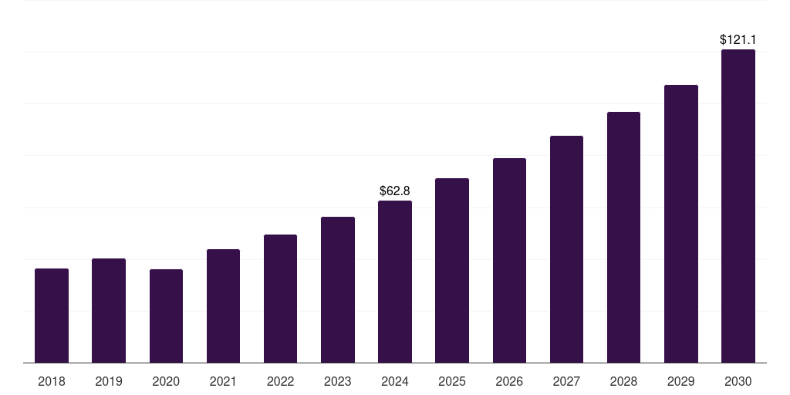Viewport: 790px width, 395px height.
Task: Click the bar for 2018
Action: click(x=52, y=316)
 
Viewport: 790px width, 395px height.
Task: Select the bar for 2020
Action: click(x=166, y=316)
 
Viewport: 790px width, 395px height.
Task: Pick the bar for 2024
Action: click(x=395, y=282)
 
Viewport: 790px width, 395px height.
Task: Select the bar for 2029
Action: click(x=680, y=224)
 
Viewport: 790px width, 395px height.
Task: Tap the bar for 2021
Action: click(x=223, y=306)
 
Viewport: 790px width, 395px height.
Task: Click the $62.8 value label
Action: click(x=395, y=191)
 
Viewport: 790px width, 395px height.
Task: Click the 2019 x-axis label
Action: click(x=109, y=381)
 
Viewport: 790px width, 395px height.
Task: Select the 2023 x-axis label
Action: click(x=337, y=381)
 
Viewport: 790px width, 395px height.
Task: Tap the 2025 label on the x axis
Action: click(x=452, y=381)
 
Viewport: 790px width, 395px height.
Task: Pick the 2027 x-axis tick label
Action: click(x=566, y=381)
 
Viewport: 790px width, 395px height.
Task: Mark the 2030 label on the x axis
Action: click(x=738, y=381)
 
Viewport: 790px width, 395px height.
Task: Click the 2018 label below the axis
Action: click(x=52, y=381)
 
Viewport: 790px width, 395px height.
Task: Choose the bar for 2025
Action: click(x=452, y=271)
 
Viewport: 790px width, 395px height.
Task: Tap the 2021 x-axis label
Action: click(x=223, y=381)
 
